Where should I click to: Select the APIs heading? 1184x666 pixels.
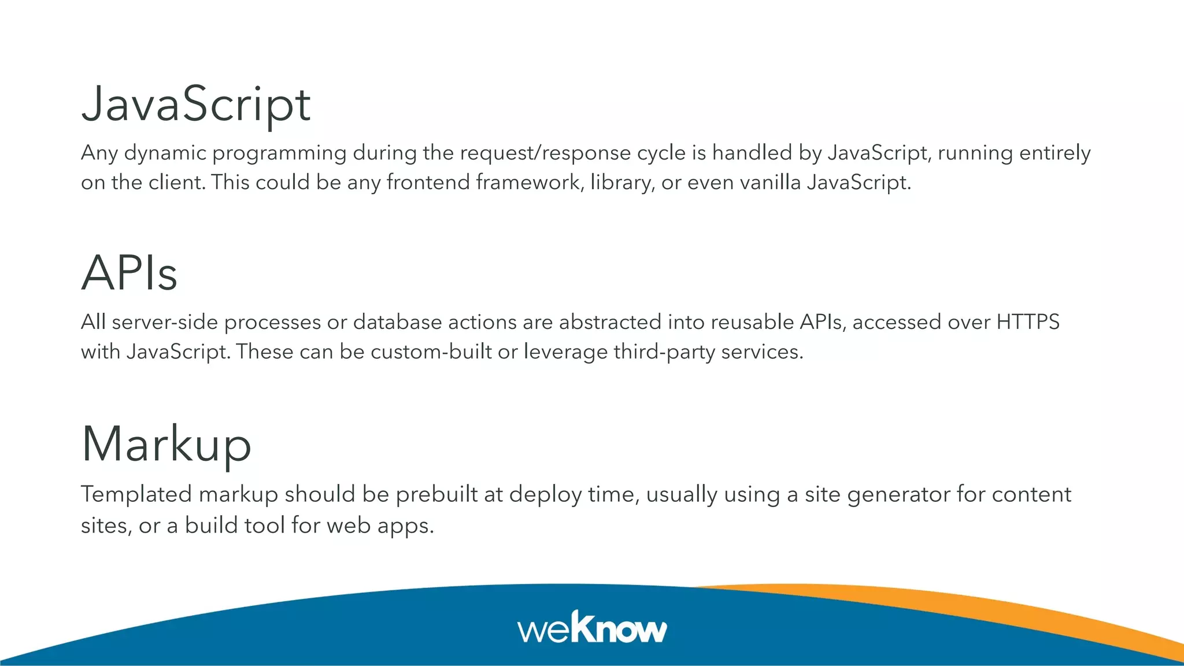pos(129,273)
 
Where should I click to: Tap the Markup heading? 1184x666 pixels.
pos(166,444)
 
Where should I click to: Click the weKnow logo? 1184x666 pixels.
pos(592,628)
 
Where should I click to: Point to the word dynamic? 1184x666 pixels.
pos(165,153)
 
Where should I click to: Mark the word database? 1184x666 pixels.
pos(397,322)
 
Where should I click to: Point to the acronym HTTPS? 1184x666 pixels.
pos(1028,322)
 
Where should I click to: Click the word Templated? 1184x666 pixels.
pos(136,495)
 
